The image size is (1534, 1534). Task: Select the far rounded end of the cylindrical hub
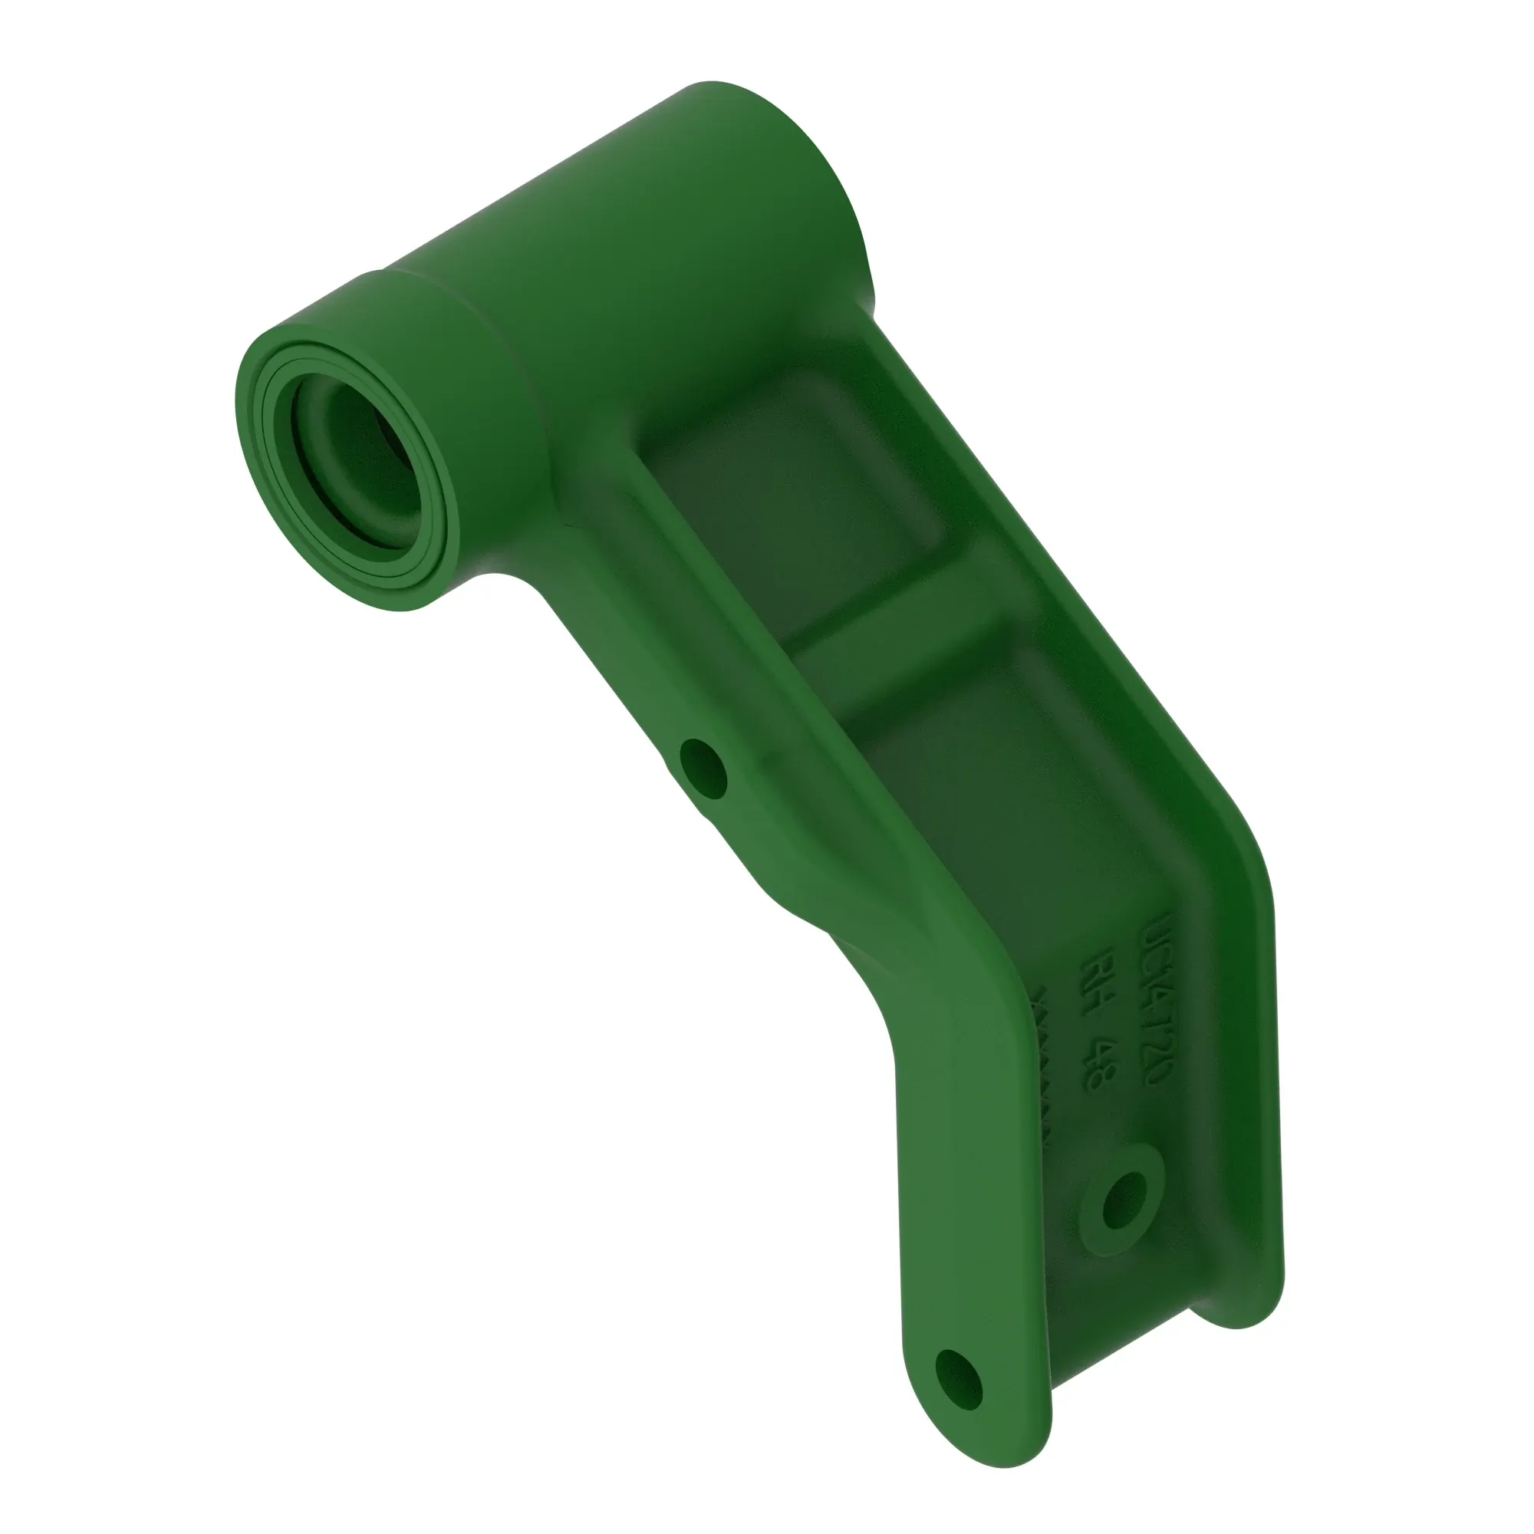(x=794, y=159)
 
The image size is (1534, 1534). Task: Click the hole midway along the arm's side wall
(x=703, y=769)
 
